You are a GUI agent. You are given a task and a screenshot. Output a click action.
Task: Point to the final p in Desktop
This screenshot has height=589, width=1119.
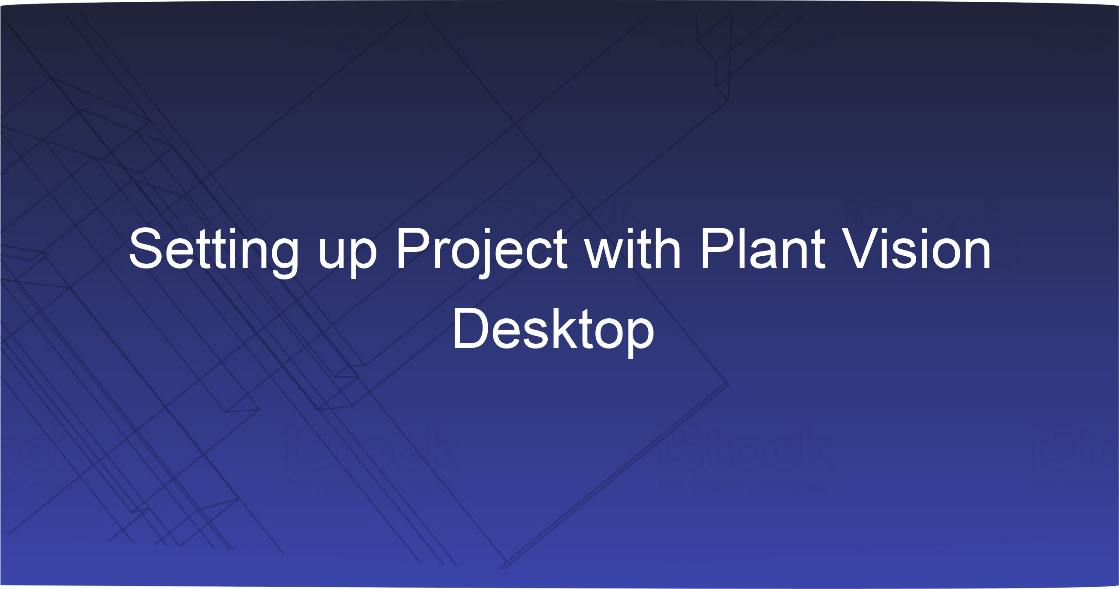638,335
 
